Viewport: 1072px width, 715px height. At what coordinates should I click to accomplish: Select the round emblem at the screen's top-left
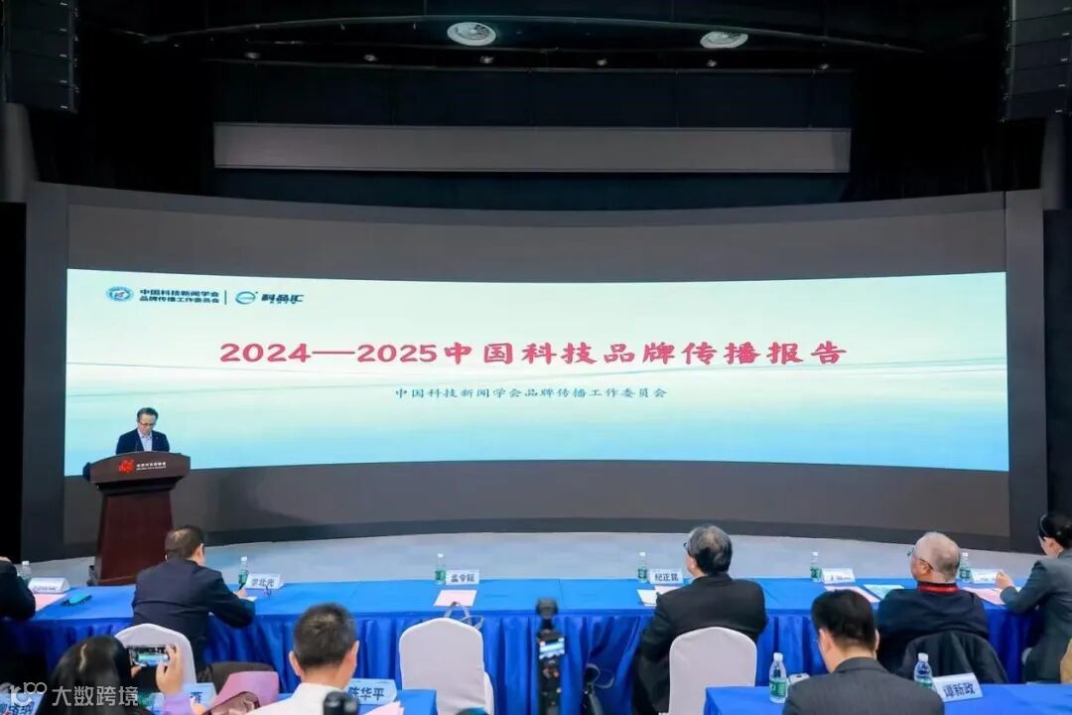point(119,294)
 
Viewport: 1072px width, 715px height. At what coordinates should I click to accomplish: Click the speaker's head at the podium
point(147,417)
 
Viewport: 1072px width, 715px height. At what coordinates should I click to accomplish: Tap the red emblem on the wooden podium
point(126,465)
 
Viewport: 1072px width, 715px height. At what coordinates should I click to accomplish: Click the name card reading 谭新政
point(957,686)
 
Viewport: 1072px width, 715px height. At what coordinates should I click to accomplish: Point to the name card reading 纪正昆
point(665,576)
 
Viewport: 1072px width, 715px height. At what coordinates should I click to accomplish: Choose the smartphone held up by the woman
point(149,655)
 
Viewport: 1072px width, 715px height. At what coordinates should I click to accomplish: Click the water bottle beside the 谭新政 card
point(923,670)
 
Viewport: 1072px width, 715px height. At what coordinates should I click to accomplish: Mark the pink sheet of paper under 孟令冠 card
point(455,598)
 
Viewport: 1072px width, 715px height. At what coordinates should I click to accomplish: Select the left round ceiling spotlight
point(470,34)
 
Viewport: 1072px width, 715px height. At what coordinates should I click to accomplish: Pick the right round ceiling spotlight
point(724,40)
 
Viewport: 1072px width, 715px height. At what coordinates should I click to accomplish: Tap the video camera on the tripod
point(549,636)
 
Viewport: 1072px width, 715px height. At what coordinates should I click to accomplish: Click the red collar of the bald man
point(933,587)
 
